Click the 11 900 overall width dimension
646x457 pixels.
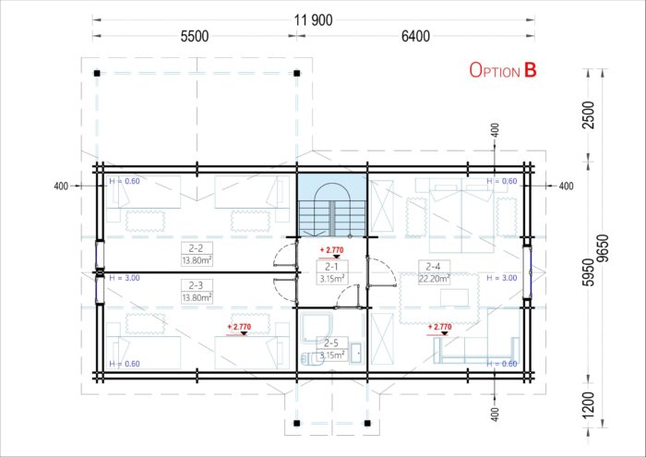point(314,19)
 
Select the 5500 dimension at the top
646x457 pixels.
point(195,36)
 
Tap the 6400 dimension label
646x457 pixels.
point(415,36)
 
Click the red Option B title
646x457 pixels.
point(503,70)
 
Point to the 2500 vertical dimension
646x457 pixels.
point(590,115)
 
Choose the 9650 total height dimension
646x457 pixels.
point(604,248)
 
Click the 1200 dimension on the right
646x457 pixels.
point(590,404)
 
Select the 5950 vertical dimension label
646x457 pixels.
point(590,272)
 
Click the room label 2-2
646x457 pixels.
point(196,248)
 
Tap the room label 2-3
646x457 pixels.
point(196,285)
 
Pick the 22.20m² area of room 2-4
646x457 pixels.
point(435,279)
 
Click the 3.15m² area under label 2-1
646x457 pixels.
point(332,279)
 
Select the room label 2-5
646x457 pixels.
point(330,343)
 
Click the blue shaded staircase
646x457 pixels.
point(332,205)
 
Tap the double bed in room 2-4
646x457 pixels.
point(461,215)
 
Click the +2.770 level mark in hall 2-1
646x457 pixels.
point(331,252)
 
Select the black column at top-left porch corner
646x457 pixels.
point(97,73)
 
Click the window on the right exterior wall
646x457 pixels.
point(527,272)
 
